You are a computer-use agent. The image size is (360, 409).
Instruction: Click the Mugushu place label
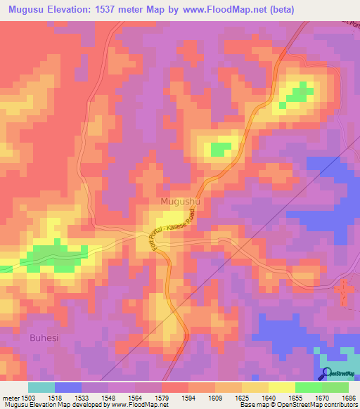point(181,202)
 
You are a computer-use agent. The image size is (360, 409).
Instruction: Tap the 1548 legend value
point(108,397)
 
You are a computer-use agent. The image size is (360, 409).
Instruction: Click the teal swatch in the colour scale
point(41,387)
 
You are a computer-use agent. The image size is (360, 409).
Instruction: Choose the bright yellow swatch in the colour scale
point(282,387)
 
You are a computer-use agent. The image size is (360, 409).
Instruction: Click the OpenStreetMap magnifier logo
point(327,374)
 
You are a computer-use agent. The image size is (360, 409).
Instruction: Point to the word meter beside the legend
point(11,397)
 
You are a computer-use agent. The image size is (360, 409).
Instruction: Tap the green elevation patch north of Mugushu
point(221,149)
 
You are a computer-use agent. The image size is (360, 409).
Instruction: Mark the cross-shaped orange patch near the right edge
point(343,291)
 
